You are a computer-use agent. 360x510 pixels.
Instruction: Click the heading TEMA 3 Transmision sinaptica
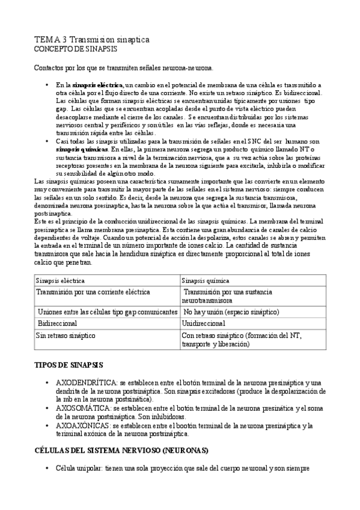pyautogui.click(x=91, y=39)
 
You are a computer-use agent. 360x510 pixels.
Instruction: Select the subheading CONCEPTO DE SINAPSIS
pyautogui.click(x=75, y=48)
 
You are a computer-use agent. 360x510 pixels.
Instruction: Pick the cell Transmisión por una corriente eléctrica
pyautogui.click(x=93, y=292)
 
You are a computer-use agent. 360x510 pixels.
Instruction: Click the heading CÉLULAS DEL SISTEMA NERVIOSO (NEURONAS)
pyautogui.click(x=121, y=450)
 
